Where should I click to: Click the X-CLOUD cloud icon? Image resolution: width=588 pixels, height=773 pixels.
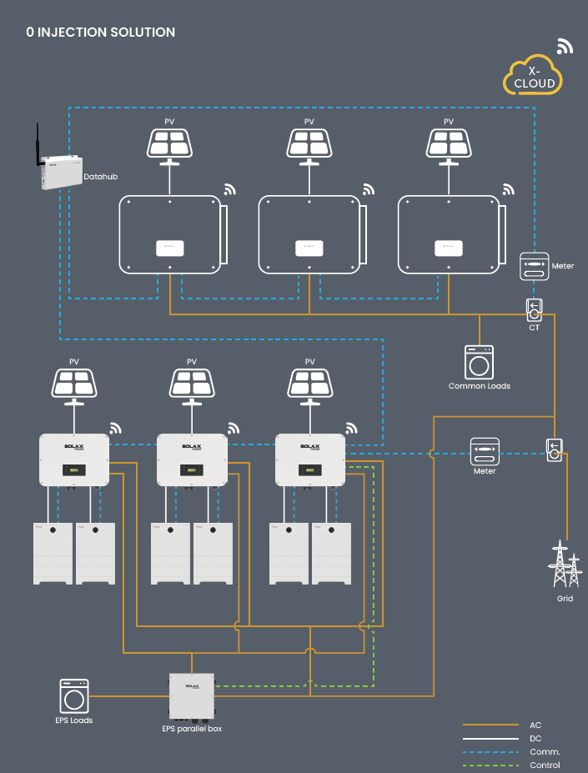(533, 76)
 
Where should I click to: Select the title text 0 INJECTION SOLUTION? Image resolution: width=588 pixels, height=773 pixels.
(101, 33)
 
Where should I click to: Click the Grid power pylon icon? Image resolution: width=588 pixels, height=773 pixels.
(565, 566)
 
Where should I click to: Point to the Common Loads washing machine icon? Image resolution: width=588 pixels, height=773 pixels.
(479, 363)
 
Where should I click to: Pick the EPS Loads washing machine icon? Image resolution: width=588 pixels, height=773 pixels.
(74, 695)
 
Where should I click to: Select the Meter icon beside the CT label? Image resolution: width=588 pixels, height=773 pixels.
(535, 266)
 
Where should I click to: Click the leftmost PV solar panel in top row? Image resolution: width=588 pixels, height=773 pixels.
(169, 143)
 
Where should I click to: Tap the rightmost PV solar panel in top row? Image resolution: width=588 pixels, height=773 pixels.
(449, 143)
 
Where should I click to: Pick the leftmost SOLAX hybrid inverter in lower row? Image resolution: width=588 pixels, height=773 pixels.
(74, 460)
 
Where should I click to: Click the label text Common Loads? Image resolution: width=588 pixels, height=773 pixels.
(479, 386)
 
